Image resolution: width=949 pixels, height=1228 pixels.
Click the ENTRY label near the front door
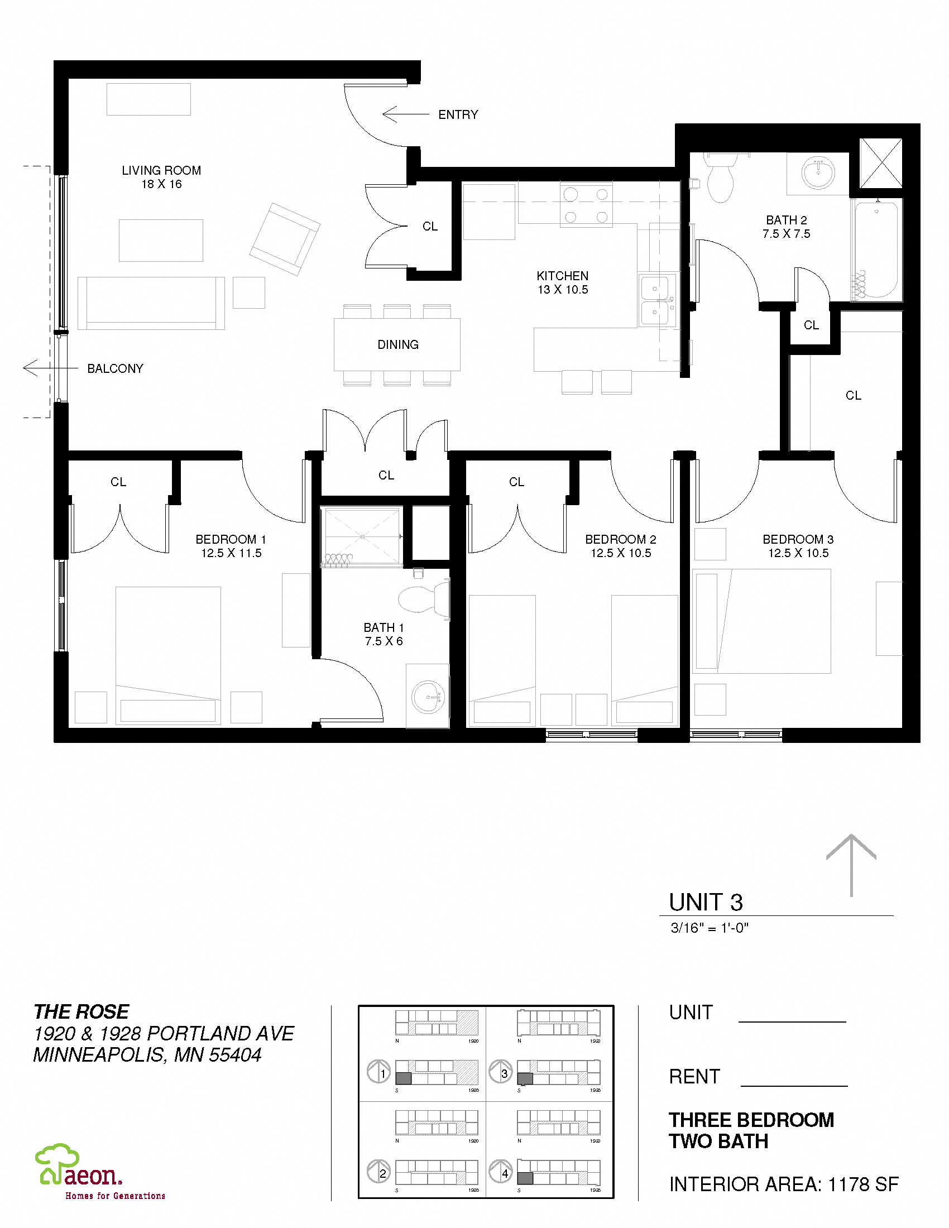point(458,114)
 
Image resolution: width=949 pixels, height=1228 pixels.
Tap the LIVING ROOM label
point(161,171)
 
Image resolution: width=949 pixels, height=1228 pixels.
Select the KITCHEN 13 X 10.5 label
point(562,283)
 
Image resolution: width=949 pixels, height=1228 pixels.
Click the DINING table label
point(397,344)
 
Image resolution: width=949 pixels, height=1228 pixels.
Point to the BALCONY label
point(114,369)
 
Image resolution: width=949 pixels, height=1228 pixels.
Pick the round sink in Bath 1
point(428,697)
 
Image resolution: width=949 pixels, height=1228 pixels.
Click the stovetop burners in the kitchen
point(586,205)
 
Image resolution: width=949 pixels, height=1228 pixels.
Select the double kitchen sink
point(655,300)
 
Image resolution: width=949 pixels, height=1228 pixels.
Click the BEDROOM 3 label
point(798,539)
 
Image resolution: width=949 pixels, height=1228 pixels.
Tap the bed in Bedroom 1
point(167,655)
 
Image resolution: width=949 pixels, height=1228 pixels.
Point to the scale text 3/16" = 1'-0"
point(709,928)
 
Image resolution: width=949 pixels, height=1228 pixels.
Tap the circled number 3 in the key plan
point(504,1073)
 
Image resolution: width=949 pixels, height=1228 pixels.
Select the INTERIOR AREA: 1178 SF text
point(783,1184)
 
